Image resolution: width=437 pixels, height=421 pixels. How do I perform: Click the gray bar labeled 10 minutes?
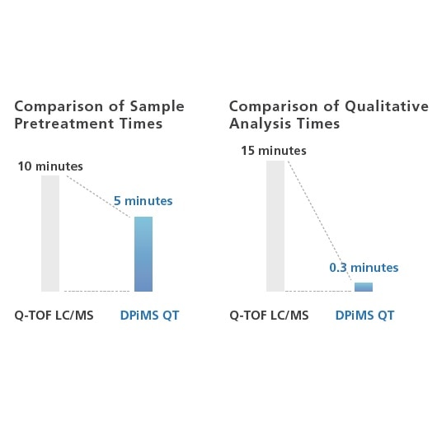pyautogui.click(x=50, y=233)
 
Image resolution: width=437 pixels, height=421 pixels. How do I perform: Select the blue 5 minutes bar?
pyautogui.click(x=143, y=254)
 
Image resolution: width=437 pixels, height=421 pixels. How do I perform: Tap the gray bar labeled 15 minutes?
pyautogui.click(x=275, y=226)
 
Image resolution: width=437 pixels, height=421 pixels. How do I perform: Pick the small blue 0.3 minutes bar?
pyautogui.click(x=364, y=287)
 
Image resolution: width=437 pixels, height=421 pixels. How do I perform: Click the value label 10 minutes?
pyautogui.click(x=50, y=166)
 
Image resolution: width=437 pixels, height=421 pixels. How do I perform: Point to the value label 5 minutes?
pyautogui.click(x=143, y=200)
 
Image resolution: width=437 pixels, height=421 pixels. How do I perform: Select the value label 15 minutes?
pyautogui.click(x=274, y=151)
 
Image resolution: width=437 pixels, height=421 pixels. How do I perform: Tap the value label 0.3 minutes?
pyautogui.click(x=364, y=268)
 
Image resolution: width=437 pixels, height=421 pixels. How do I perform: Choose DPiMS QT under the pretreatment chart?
pyautogui.click(x=149, y=316)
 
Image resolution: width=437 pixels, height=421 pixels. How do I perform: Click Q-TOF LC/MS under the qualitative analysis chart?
pyautogui.click(x=269, y=316)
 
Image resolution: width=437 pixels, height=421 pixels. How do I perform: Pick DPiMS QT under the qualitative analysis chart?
pyautogui.click(x=364, y=316)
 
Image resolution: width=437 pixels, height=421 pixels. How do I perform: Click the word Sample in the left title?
pyautogui.click(x=156, y=107)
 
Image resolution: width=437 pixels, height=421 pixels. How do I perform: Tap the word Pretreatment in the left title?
pyautogui.click(x=55, y=124)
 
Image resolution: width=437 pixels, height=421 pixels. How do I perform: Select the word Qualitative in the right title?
pyautogui.click(x=387, y=107)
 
